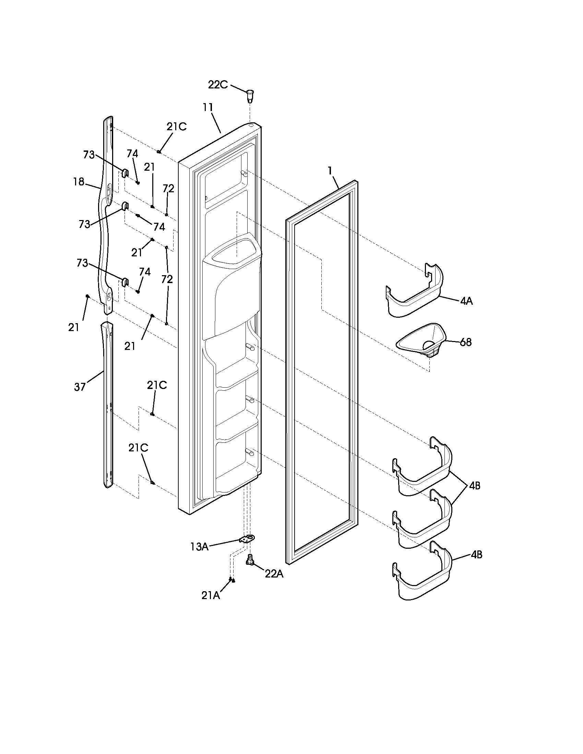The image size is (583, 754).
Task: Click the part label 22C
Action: [217, 85]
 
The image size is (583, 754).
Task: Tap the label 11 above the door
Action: [208, 107]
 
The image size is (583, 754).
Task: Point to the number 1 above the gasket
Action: [330, 171]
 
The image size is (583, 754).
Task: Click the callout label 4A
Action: [466, 301]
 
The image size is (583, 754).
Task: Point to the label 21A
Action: [211, 596]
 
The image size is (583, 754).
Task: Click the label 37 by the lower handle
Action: [80, 387]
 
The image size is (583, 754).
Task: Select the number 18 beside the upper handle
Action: [79, 182]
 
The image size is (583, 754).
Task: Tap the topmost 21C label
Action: [177, 127]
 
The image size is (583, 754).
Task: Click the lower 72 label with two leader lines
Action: [167, 279]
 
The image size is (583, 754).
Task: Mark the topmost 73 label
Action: [89, 155]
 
